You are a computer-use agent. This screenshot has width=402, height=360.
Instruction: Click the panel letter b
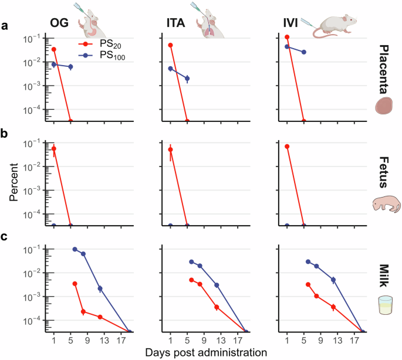pos(5,133)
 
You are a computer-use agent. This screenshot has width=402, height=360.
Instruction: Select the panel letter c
pos(5,238)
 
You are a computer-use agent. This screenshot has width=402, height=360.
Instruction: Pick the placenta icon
pos(384,106)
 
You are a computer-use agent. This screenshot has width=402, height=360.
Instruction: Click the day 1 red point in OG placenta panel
pos(53,49)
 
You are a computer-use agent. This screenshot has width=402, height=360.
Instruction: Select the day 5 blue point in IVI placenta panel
pos(303,52)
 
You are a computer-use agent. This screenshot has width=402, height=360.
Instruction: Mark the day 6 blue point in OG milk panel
pos(75,249)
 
